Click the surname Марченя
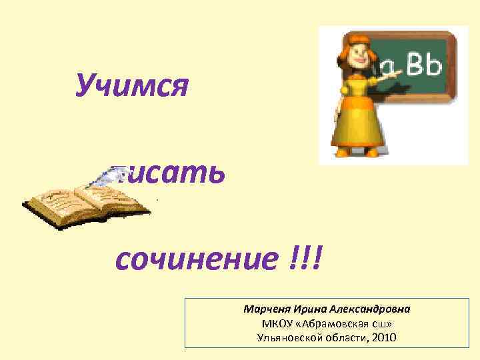265,310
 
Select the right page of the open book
110,200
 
